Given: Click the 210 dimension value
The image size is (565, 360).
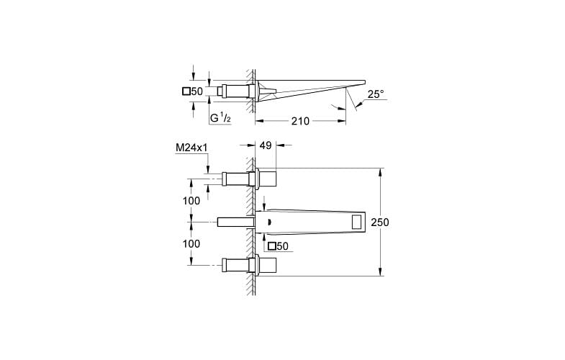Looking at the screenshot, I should pos(299,121).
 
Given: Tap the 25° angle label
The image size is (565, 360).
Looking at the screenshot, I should pos(376,94).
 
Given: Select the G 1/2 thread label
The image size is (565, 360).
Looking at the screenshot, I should pos(220,117).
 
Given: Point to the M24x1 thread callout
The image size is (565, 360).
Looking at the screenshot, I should pos(191,148).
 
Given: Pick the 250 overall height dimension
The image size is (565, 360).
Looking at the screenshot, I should pos(380,222).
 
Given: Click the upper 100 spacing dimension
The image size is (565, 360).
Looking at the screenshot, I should pos(191,201).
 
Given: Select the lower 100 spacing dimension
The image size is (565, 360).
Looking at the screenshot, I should pos(191,244).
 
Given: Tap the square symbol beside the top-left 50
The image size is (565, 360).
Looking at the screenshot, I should pos(186,91).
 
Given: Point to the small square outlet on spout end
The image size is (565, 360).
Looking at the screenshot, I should pos(357,222).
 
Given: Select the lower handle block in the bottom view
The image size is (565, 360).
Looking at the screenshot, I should pos(267,266).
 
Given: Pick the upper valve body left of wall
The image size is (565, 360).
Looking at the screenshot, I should pos(236,179).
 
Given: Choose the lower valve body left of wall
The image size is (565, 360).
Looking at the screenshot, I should pos(236,266).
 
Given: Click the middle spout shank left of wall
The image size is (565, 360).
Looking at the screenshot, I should pos(235,222).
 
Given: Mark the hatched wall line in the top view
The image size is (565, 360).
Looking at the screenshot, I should pos(250,90).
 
